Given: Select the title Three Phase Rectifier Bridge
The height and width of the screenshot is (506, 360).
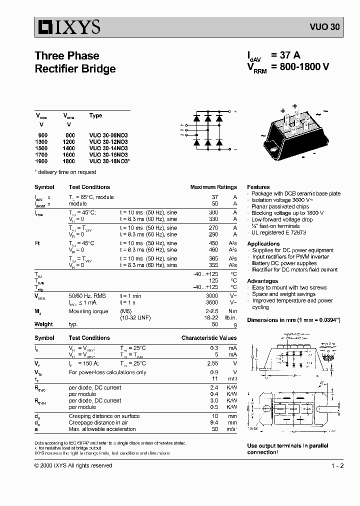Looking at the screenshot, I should (x=75, y=62).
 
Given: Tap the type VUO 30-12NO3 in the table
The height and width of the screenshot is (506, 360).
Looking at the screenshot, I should (x=108, y=141).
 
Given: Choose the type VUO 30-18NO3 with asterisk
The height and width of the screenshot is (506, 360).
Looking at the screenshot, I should (x=109, y=161).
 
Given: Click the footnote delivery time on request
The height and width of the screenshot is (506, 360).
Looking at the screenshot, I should (x=66, y=172).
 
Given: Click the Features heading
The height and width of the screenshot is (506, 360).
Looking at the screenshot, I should (x=258, y=187).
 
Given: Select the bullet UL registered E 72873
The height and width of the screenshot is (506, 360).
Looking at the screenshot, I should (x=278, y=232).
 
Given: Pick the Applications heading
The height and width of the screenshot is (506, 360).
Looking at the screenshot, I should (x=263, y=243).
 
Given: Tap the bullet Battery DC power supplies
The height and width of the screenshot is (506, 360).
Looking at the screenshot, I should (x=284, y=263).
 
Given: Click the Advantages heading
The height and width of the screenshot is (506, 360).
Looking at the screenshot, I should (x=262, y=281).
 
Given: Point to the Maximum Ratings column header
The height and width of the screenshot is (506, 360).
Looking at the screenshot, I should (x=213, y=187).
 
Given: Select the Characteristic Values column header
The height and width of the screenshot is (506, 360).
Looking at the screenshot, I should (x=209, y=338).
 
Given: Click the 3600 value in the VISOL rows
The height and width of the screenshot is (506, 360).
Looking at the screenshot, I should (x=212, y=302).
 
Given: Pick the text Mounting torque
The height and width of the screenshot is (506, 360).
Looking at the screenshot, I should (x=88, y=311).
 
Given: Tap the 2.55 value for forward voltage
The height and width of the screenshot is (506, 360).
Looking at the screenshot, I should (x=212, y=363).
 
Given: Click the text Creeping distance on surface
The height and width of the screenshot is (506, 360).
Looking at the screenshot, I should (x=104, y=416).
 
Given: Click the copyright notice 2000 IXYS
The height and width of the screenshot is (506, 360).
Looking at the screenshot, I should (x=73, y=465).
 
